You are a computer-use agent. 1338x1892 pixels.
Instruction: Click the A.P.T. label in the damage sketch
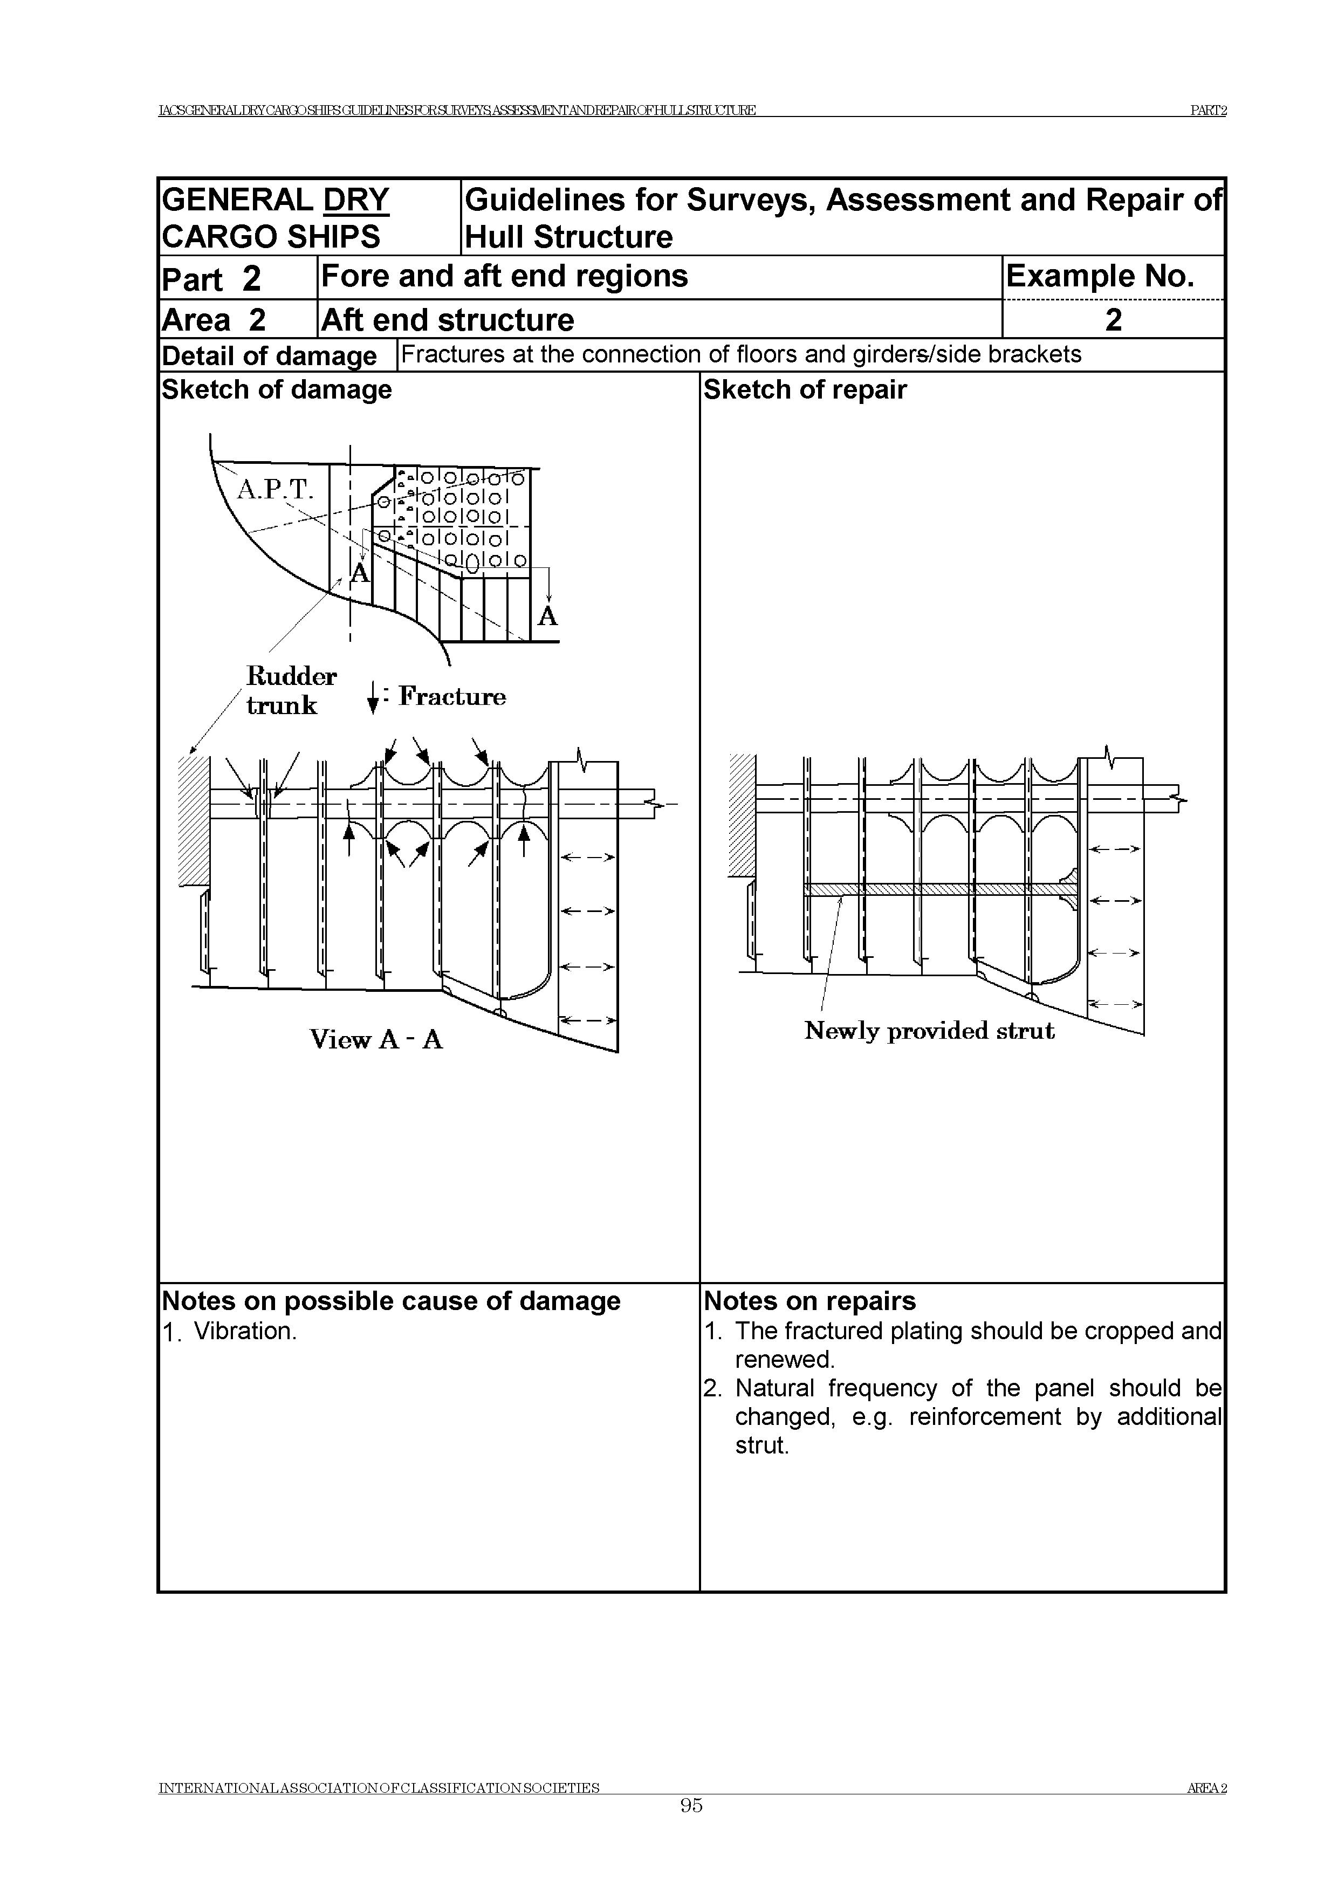[x=275, y=490]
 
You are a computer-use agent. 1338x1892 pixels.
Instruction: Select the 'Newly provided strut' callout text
[x=929, y=1031]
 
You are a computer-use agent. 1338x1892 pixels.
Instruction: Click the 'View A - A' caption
[x=376, y=1040]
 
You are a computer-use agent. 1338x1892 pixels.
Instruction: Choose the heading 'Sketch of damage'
[x=277, y=390]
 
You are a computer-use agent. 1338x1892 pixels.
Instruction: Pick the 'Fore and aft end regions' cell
[x=504, y=276]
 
